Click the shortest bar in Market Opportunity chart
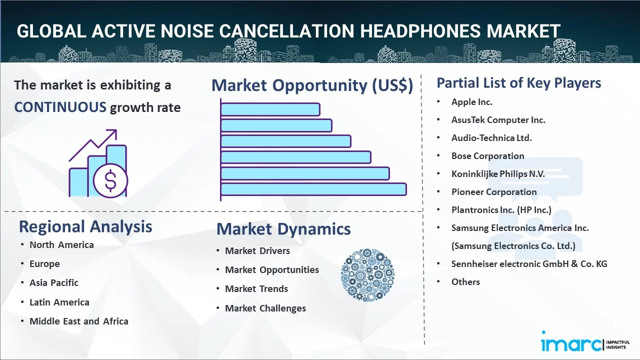[270, 109]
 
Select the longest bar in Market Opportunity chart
[313, 189]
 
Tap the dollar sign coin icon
[110, 180]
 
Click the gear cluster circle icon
[367, 275]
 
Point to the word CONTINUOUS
[60, 107]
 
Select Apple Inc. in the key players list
[471, 102]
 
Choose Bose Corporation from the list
[487, 156]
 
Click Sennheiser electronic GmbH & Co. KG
[529, 264]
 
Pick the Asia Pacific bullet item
[54, 283]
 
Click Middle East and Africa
[78, 321]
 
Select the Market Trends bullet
[256, 289]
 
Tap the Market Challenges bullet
[265, 308]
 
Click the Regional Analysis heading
[85, 226]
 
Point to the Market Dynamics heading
[283, 229]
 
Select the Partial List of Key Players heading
[518, 83]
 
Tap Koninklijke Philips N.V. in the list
[498, 174]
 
